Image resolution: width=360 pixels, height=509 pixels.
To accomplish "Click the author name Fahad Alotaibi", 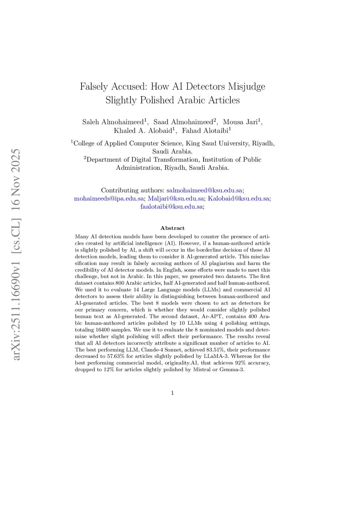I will (205, 130).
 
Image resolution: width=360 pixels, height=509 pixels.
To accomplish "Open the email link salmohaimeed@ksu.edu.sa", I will (204, 190).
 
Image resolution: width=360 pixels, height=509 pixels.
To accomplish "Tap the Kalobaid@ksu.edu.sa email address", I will (238, 198).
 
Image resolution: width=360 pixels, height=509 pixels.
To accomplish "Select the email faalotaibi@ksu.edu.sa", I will (172, 206).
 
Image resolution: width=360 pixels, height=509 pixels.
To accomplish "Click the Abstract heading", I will (172, 228).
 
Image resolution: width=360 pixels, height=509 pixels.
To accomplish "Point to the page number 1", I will (172, 393).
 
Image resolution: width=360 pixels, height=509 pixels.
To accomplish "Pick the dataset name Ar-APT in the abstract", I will (212, 316).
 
